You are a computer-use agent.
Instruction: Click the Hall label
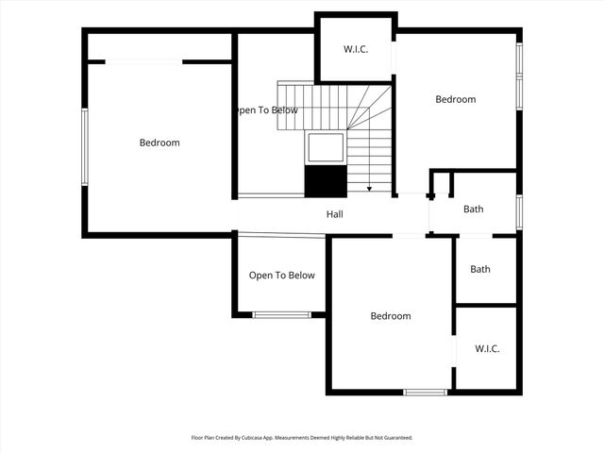point(334,214)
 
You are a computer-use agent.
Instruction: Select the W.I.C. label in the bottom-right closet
point(487,349)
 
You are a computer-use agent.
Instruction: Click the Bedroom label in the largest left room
point(159,143)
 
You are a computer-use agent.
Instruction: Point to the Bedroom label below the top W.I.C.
point(455,99)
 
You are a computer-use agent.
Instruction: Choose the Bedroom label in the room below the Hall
point(390,316)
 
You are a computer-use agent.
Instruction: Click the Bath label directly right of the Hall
point(473,210)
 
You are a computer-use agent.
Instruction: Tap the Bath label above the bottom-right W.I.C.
point(480,269)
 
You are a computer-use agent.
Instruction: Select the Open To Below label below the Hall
point(281,276)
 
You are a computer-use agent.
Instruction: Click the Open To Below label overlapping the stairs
point(267,110)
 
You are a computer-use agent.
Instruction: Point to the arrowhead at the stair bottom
point(369,189)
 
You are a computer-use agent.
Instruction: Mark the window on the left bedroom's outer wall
point(85,146)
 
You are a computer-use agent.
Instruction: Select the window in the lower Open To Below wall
point(281,314)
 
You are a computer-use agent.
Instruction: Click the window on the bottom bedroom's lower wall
point(425,392)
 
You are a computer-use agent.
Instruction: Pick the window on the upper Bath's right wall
point(518,211)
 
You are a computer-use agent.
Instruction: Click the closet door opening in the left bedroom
point(143,61)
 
